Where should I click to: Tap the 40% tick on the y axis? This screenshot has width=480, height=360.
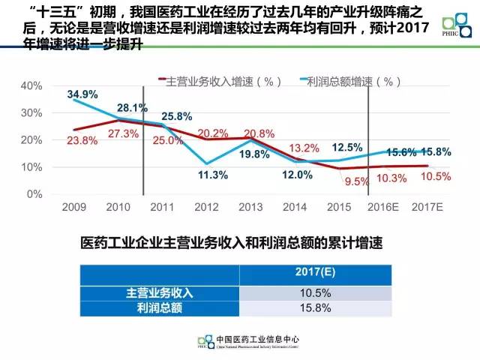point(31,85)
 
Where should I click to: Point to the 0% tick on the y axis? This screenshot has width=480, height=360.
point(34,193)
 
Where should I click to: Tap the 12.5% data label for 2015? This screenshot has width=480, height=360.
point(346,147)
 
